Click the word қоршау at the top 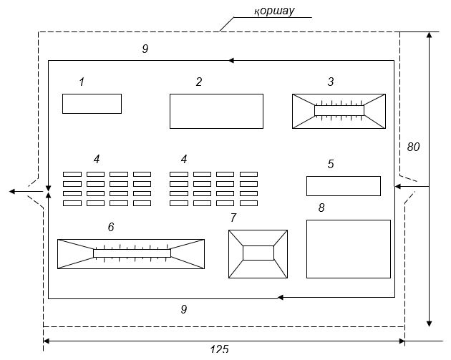(x=274, y=11)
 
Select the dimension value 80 (x=413, y=147)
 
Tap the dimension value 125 (x=219, y=349)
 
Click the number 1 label (x=82, y=82)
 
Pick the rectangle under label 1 (x=92, y=104)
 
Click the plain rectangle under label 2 (x=216, y=111)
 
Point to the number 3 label (x=331, y=82)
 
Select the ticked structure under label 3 (x=339, y=111)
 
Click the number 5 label (x=331, y=164)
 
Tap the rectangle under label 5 (x=343, y=186)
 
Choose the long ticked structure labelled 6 (x=131, y=253)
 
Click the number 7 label (x=233, y=218)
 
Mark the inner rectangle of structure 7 (x=258, y=253)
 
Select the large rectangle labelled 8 (x=349, y=249)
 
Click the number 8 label (x=321, y=208)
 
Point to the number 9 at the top (x=145, y=49)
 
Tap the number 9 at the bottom (x=184, y=309)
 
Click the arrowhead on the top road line (x=231, y=61)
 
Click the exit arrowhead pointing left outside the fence (x=12, y=192)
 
